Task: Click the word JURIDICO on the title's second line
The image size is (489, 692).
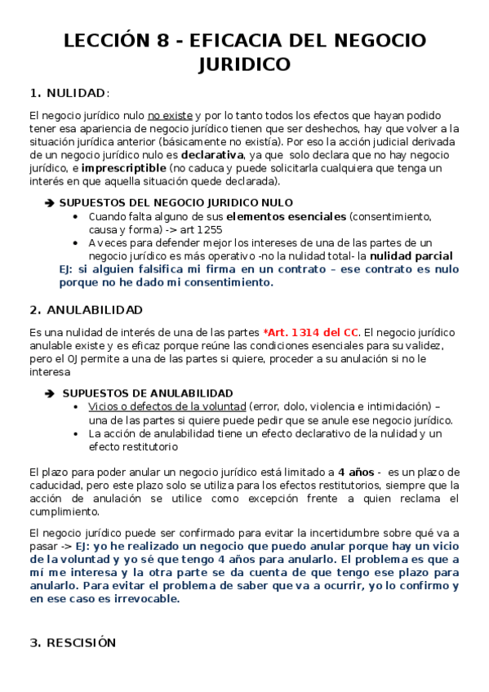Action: click(244, 64)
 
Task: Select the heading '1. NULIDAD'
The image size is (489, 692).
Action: click(69, 92)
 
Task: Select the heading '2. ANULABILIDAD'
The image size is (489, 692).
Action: click(86, 310)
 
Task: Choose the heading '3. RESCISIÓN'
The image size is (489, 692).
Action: click(73, 643)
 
